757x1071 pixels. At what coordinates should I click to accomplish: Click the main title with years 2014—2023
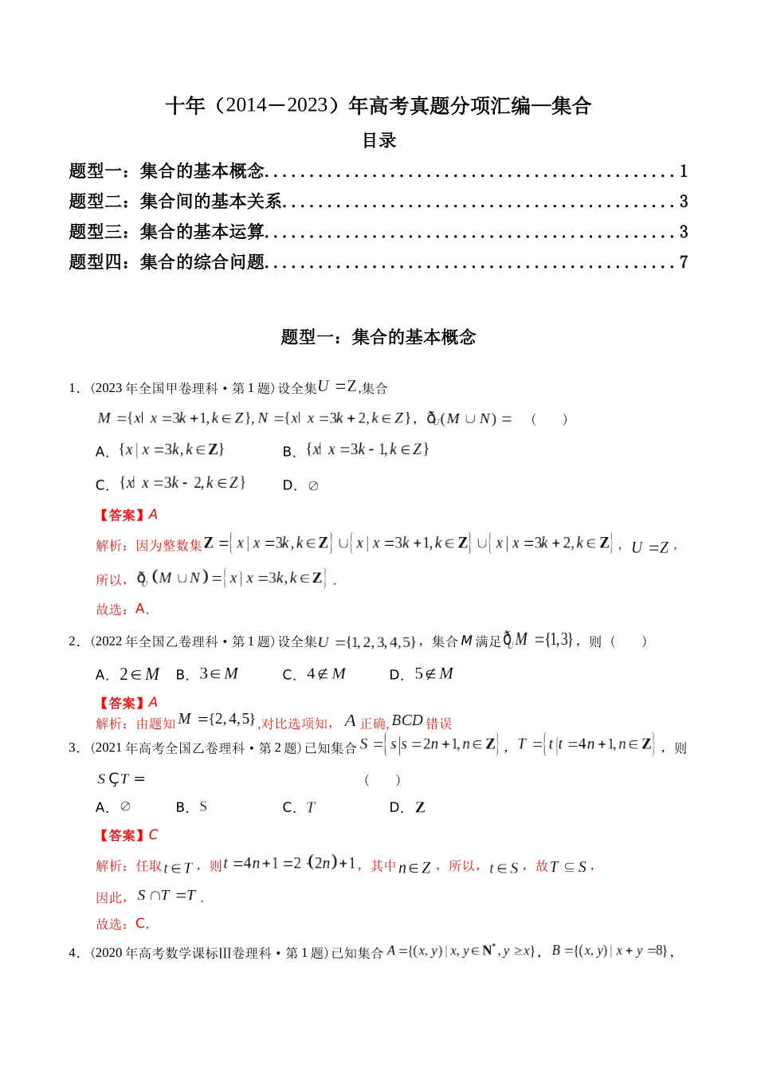point(378,106)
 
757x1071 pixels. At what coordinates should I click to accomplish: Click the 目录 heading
point(378,141)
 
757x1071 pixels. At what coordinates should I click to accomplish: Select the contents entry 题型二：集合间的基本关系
point(176,202)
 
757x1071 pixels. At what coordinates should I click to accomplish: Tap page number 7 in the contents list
point(683,262)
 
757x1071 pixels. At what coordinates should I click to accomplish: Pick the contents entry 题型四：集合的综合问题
point(167,262)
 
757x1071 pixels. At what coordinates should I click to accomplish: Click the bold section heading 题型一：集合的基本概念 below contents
point(378,337)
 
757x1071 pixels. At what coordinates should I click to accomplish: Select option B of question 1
point(357,450)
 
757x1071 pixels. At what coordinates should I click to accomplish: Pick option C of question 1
point(172,484)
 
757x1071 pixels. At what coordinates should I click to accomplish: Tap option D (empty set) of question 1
point(302,485)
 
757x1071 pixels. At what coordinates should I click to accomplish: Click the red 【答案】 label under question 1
point(121,516)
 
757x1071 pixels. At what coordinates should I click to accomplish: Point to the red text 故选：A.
point(123,610)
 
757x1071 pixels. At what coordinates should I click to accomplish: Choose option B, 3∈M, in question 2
point(208,675)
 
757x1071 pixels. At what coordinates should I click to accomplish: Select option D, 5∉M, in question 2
point(422,675)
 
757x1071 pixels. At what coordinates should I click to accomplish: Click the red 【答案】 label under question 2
point(121,703)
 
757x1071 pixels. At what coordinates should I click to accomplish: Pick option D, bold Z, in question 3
point(409,808)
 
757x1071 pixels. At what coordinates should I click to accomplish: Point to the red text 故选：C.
point(123,924)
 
